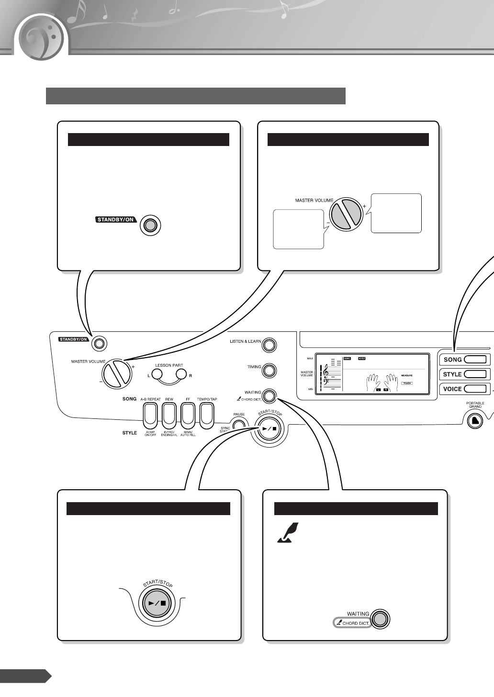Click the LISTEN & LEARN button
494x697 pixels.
269,345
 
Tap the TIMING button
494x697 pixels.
269,370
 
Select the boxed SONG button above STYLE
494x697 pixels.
464,360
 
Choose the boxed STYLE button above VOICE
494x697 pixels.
464,374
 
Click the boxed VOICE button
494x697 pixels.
464,389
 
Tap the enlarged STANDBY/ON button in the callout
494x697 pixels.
150,225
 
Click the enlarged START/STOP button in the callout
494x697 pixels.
157,604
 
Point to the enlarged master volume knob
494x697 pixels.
347,214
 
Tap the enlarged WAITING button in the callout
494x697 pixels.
380,618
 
